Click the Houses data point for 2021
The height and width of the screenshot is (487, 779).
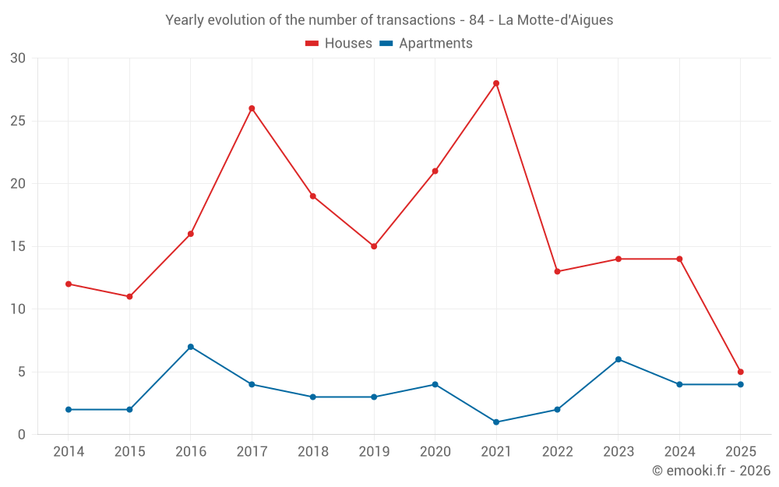point(496,83)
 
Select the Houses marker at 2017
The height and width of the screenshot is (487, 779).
point(252,108)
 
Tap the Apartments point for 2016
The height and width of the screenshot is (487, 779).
point(191,347)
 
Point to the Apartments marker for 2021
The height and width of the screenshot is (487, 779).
point(496,422)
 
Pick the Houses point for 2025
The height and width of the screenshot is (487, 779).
point(741,372)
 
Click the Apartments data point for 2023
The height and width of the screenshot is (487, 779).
point(619,359)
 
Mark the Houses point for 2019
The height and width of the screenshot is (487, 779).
point(374,246)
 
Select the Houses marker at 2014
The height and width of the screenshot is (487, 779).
point(69,284)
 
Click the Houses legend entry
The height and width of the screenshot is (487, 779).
point(339,44)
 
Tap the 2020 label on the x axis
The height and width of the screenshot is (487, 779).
point(435,452)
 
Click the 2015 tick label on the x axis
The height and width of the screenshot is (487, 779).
point(129,452)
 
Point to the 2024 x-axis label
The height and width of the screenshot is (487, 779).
point(679,452)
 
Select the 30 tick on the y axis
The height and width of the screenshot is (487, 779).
point(18,58)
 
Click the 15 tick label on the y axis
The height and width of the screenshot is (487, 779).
point(18,246)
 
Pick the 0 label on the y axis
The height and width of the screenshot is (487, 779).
point(22,435)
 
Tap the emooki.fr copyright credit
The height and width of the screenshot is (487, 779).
point(710,471)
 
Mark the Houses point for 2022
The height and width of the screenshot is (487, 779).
point(557,271)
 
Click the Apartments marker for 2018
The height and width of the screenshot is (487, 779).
point(313,397)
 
